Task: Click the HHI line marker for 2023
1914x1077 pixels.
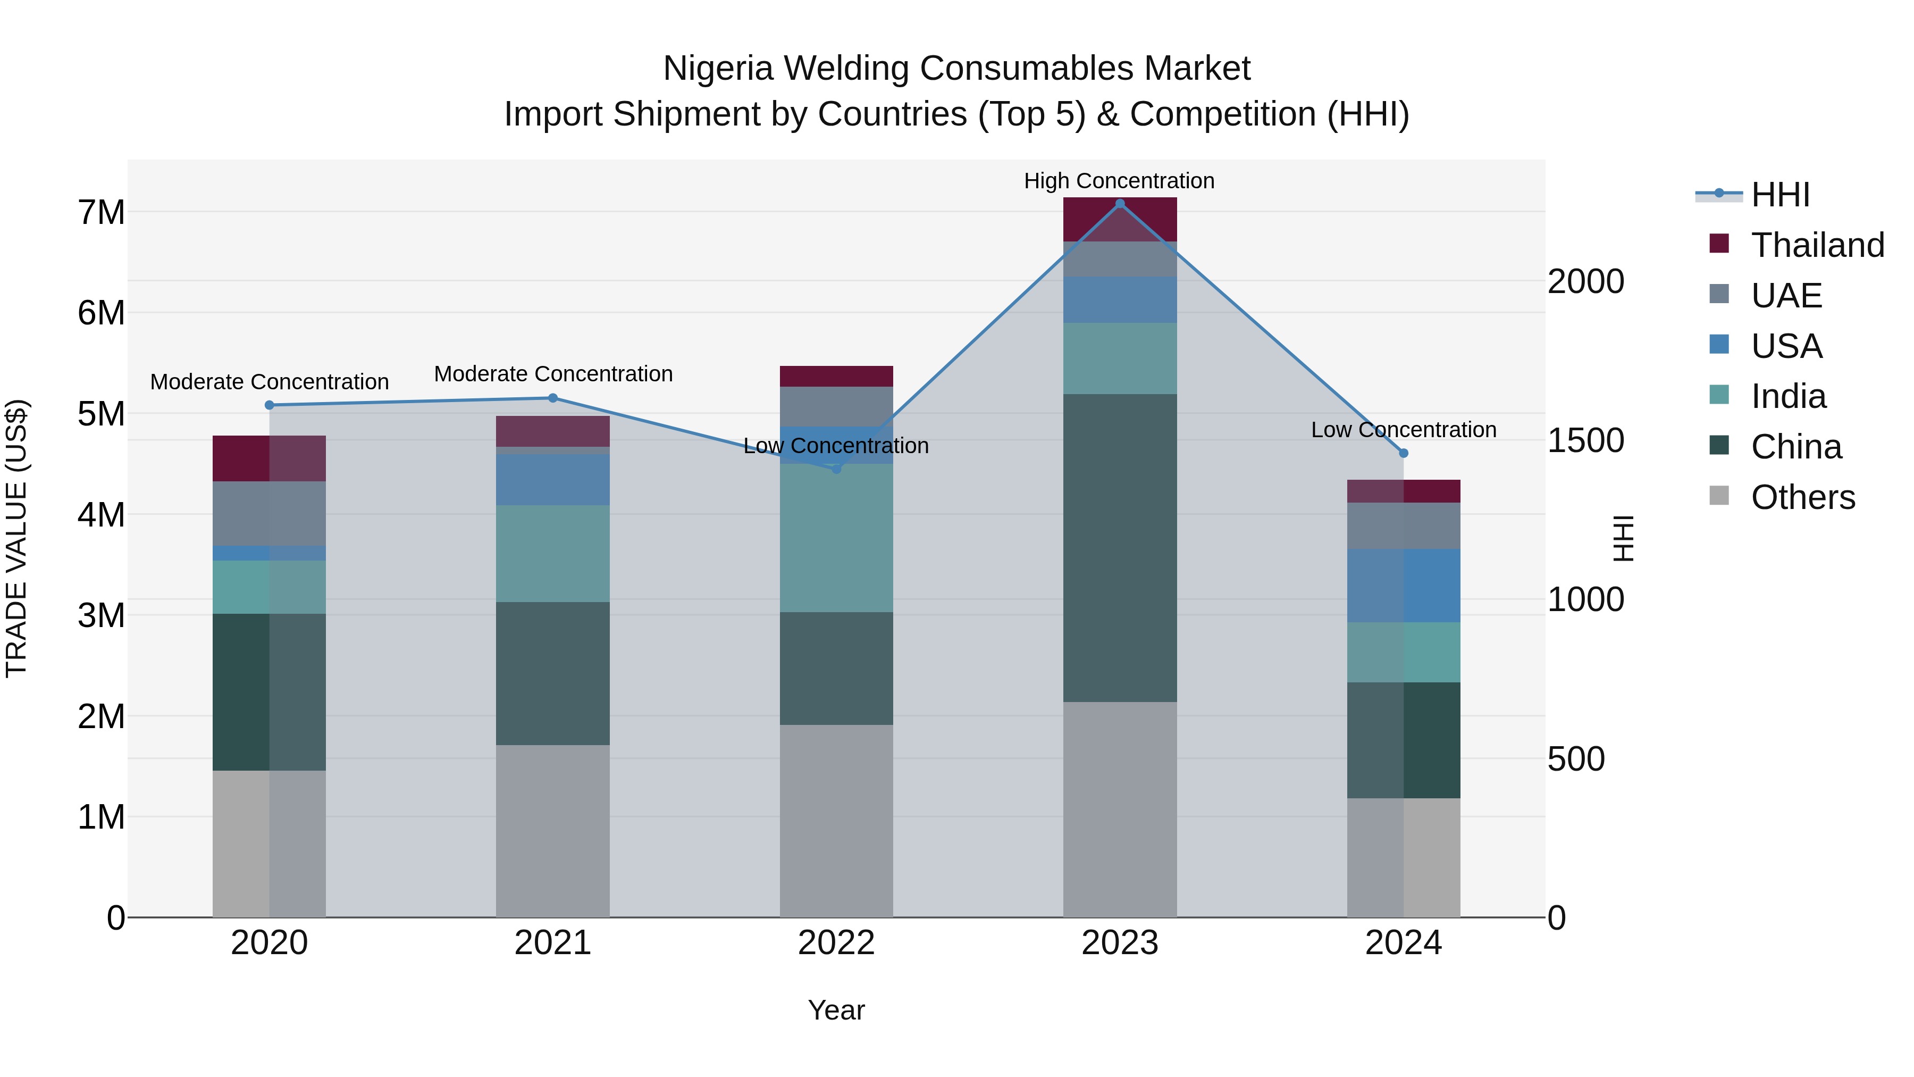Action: pos(1120,204)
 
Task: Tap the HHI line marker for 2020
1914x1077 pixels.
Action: pos(270,405)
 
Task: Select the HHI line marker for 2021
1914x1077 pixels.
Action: pos(553,398)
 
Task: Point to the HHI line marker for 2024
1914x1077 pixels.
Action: pos(1404,453)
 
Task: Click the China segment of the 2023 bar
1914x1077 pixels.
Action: pos(1120,548)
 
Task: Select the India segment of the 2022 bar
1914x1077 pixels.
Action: pos(836,537)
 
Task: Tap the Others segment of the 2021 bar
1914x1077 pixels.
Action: pos(553,830)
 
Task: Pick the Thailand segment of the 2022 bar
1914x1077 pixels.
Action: pos(836,376)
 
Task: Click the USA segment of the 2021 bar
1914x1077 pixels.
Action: pos(553,479)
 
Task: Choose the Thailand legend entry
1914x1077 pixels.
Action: pos(1817,245)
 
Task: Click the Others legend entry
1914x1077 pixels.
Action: pos(1802,497)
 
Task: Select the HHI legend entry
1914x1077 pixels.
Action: pos(1780,195)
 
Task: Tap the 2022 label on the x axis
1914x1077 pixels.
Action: pos(836,943)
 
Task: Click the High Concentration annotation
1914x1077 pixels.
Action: pos(1119,181)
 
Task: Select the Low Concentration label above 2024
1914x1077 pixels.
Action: pos(1404,430)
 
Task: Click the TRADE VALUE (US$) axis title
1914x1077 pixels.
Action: pos(16,538)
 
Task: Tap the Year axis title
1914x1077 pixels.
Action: pos(836,1010)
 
